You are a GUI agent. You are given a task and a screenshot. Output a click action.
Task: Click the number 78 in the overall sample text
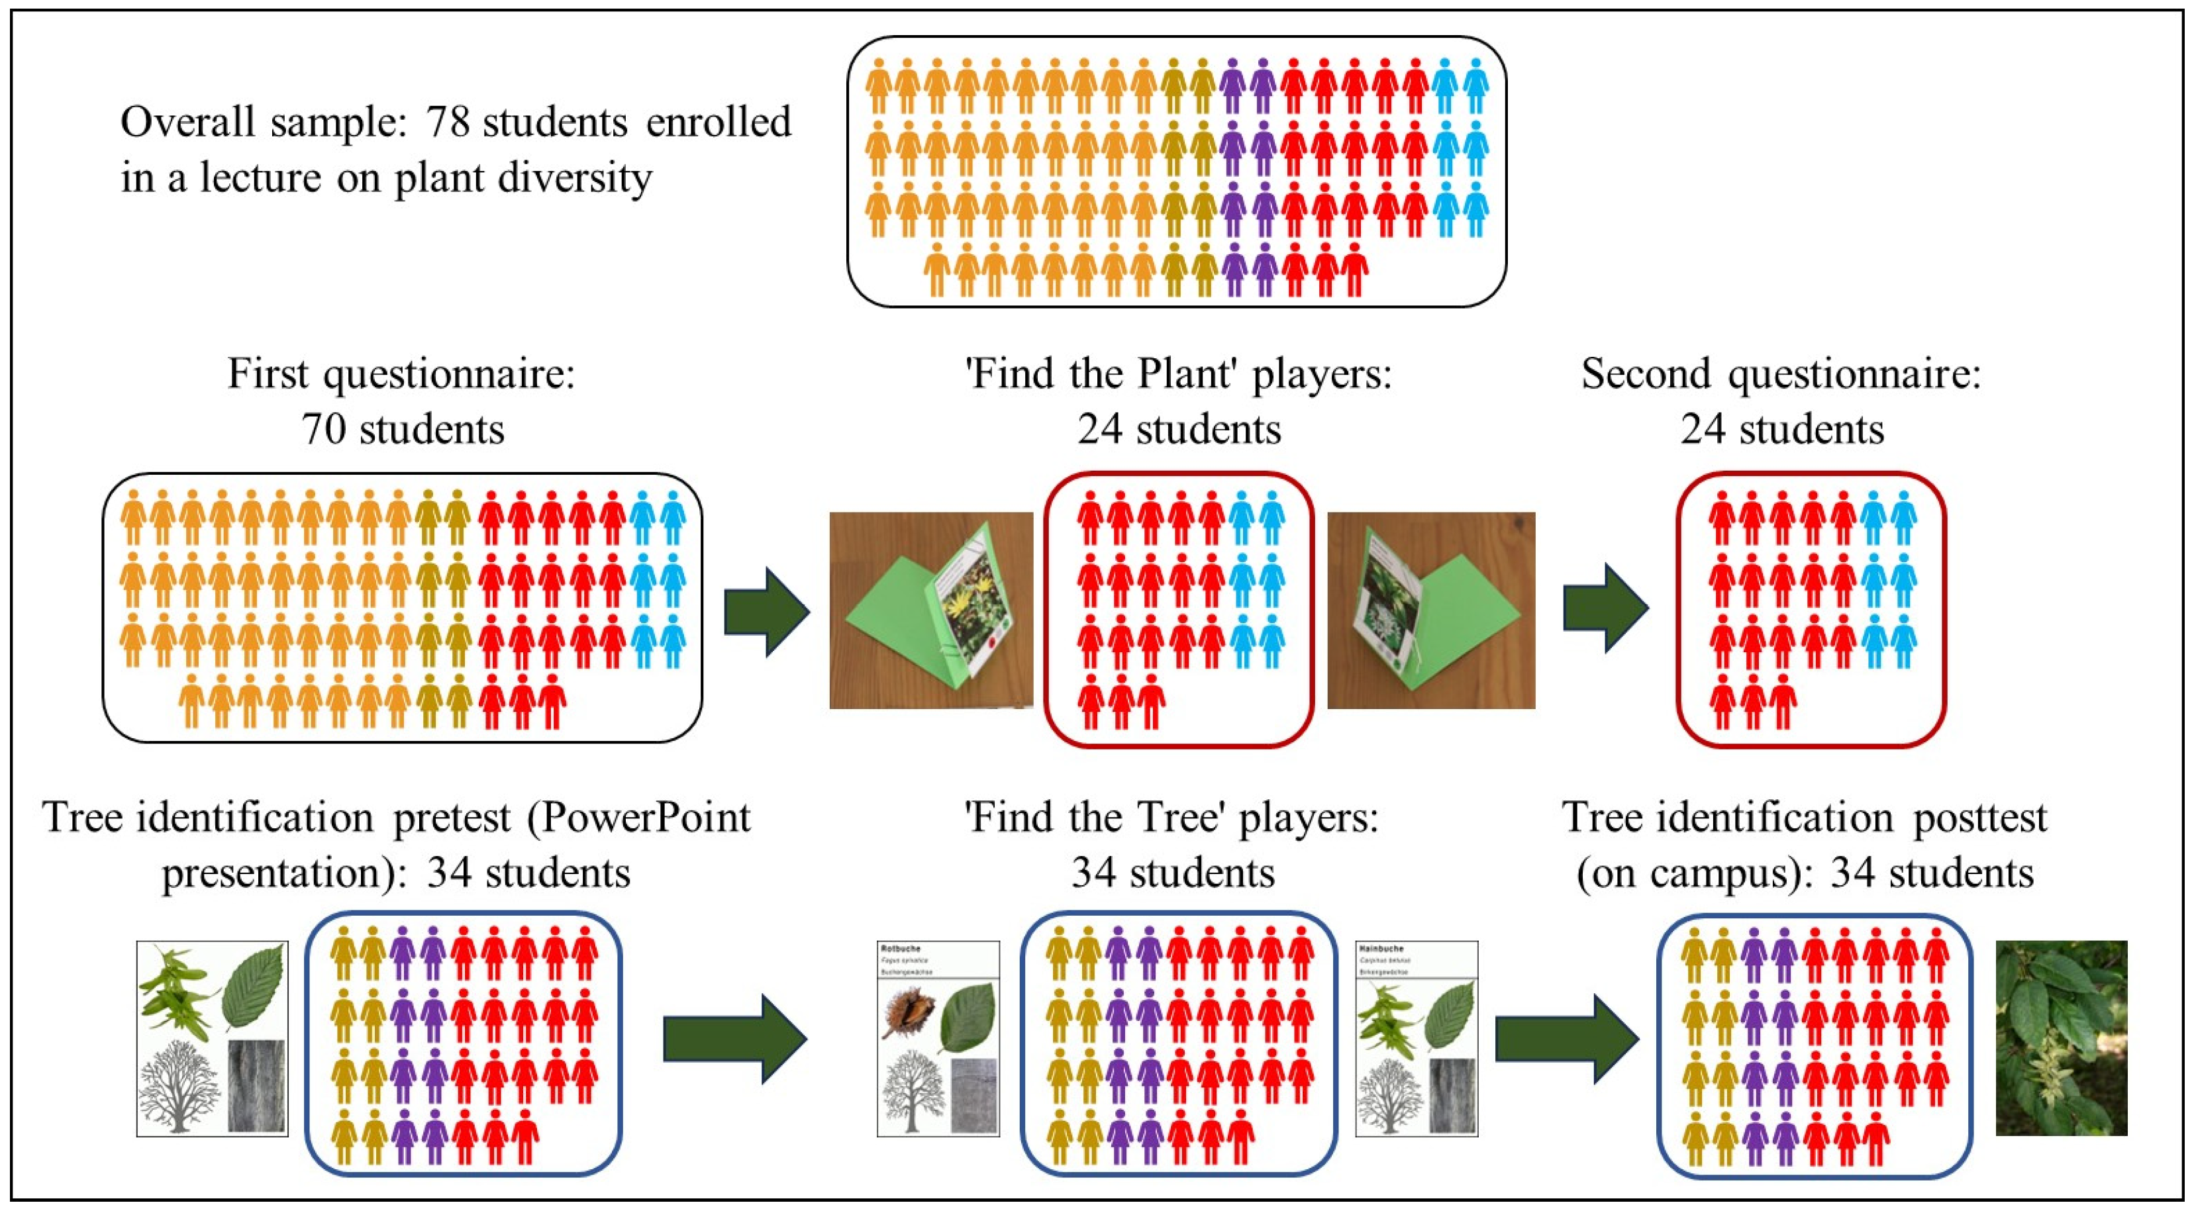point(448,122)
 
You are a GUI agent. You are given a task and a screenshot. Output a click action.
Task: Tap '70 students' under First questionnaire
point(403,429)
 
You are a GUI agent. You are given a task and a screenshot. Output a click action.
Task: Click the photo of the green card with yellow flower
point(931,610)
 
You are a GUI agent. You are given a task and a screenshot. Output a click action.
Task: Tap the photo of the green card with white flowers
point(1430,610)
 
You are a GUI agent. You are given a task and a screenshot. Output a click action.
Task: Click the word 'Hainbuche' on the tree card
point(1381,948)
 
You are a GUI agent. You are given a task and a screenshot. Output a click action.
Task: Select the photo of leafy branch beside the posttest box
point(2060,1038)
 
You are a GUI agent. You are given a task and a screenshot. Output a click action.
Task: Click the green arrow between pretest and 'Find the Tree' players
point(734,1039)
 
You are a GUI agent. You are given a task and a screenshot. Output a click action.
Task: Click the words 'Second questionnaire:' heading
point(1781,374)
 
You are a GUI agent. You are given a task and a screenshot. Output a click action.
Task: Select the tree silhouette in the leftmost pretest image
point(179,1087)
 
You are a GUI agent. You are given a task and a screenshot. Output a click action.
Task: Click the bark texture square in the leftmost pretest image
point(256,1087)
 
